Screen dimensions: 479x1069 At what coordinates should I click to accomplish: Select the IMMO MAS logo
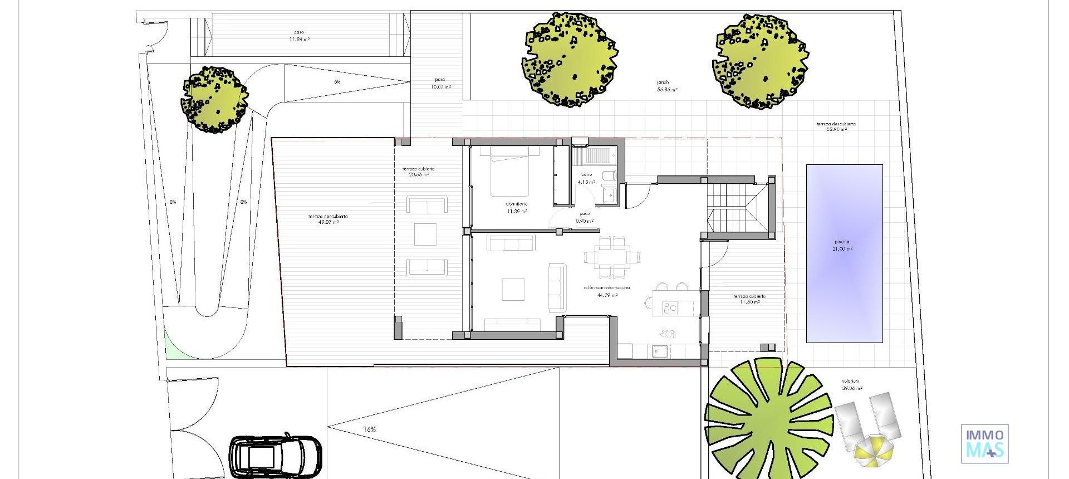click(984, 443)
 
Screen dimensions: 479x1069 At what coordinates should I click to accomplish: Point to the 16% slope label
click(370, 429)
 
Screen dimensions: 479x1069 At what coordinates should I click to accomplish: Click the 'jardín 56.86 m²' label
click(666, 86)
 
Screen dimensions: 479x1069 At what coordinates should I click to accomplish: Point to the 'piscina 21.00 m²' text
click(842, 246)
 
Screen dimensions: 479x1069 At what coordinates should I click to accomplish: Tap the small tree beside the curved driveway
click(214, 100)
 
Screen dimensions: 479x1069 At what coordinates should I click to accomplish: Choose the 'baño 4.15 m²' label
click(586, 178)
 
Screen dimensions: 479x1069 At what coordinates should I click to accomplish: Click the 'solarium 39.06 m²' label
click(851, 385)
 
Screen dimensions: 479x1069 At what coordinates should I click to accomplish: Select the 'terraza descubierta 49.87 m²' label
click(328, 219)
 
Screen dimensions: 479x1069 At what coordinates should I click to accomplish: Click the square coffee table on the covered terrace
click(425, 234)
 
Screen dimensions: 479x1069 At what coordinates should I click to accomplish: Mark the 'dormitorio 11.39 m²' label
click(517, 208)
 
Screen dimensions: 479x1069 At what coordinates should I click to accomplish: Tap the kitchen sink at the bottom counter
click(661, 351)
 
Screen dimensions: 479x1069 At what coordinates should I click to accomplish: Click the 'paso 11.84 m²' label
click(299, 36)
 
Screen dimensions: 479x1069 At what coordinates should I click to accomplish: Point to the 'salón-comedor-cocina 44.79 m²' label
click(607, 291)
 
